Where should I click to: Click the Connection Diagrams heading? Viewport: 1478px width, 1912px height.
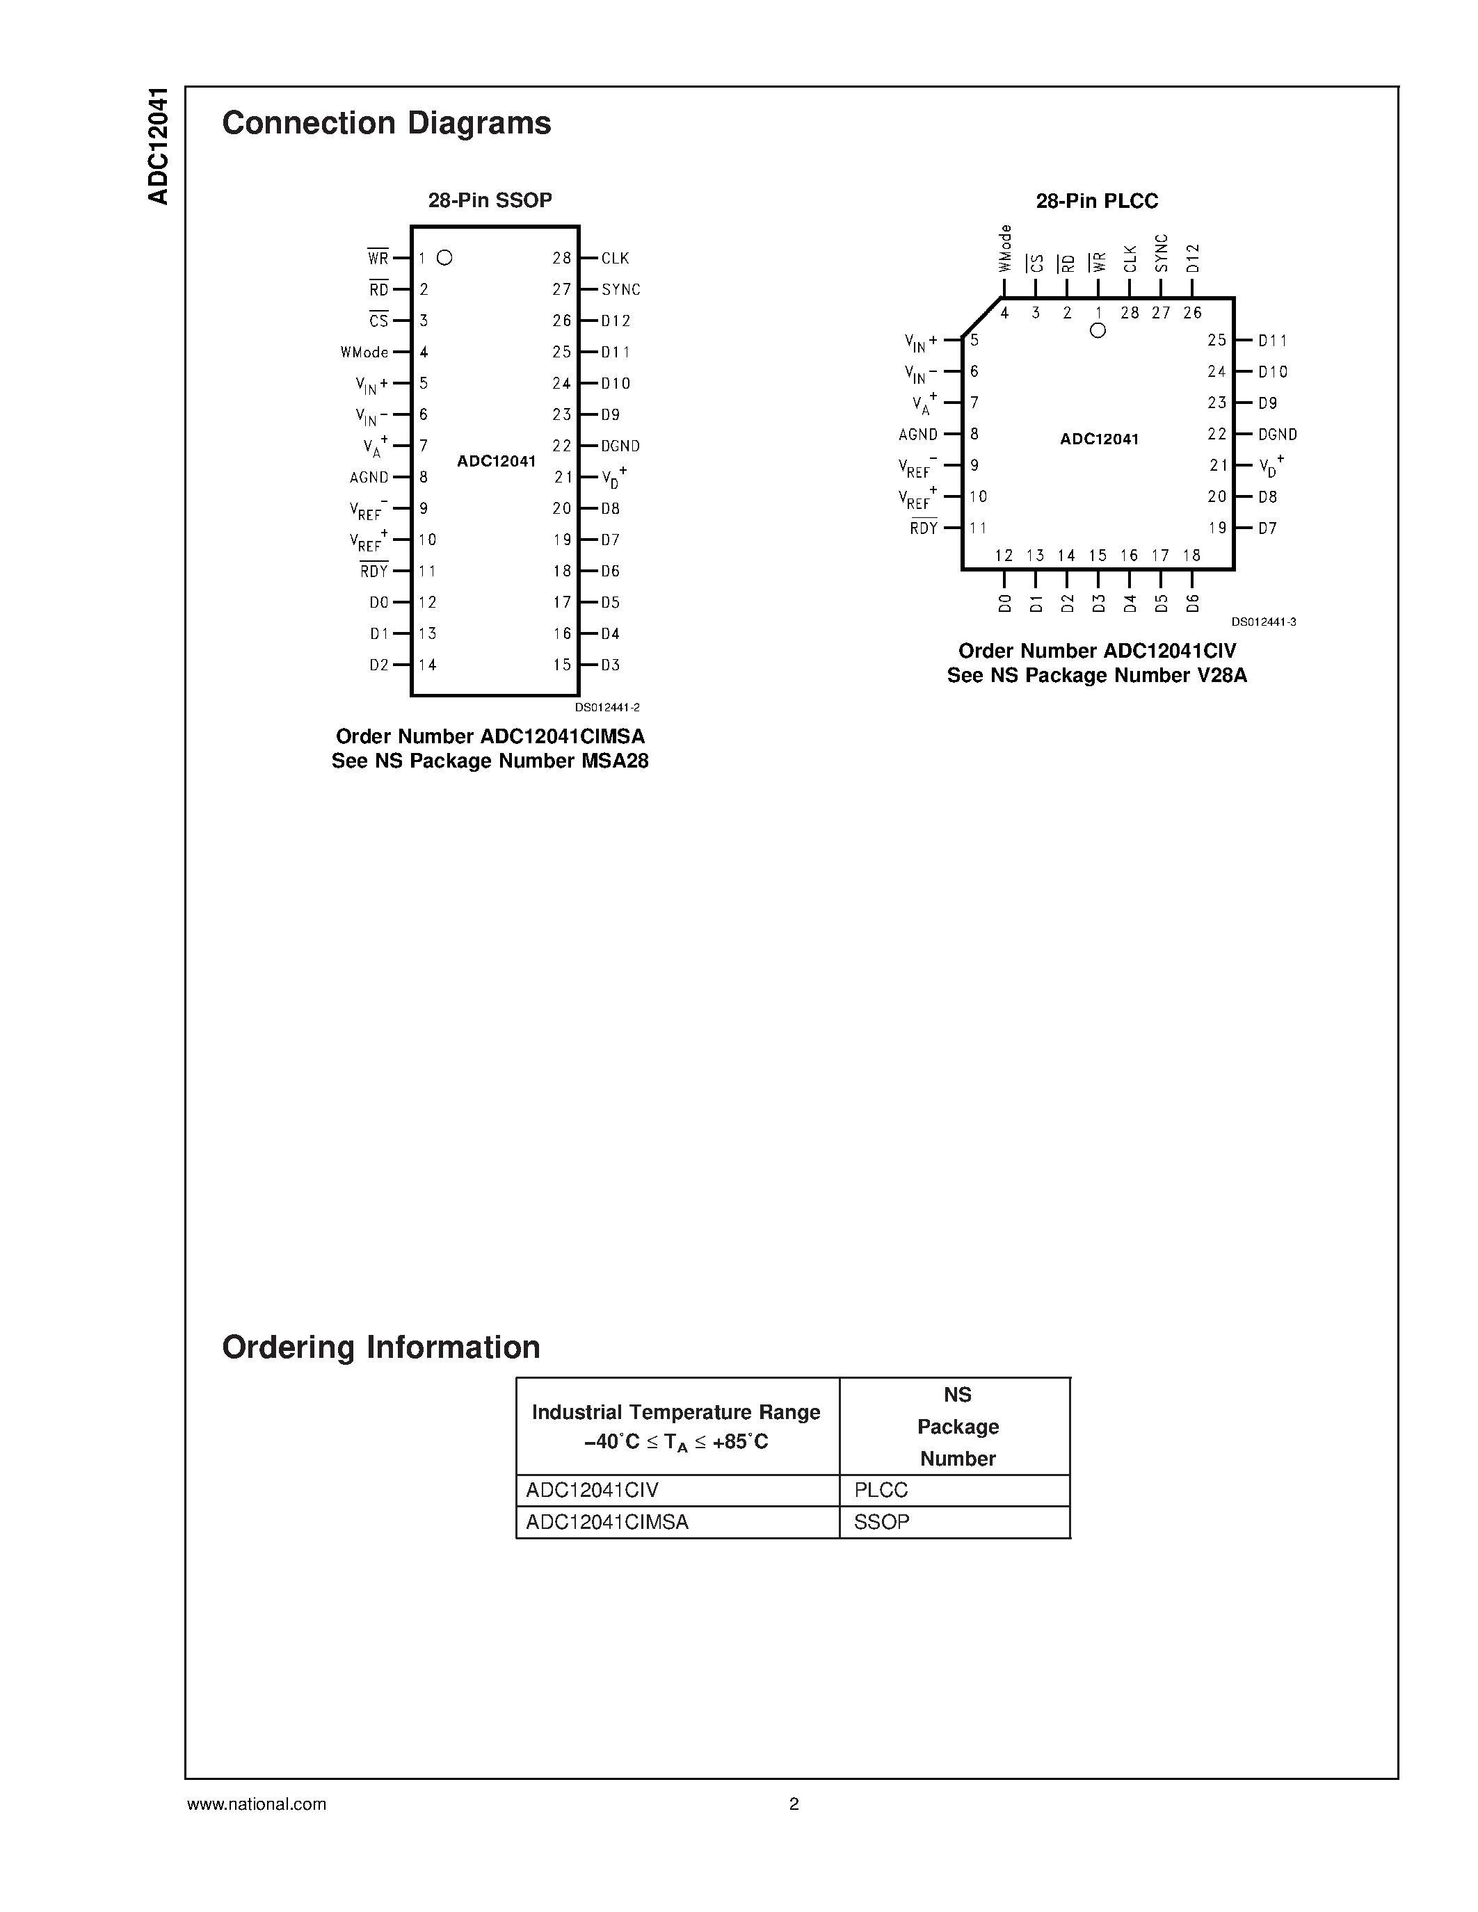pyautogui.click(x=386, y=124)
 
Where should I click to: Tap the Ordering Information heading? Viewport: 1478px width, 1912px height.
pyautogui.click(x=381, y=1347)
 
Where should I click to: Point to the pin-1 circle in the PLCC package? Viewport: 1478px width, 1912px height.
pyautogui.click(x=1098, y=330)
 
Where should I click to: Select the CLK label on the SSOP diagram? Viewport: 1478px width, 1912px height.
pyautogui.click(x=615, y=258)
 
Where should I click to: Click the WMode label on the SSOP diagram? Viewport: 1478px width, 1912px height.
pyautogui.click(x=364, y=352)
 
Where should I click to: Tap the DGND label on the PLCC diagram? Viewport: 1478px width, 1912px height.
pyautogui.click(x=1278, y=435)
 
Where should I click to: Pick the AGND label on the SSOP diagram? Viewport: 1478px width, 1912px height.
pyautogui.click(x=369, y=477)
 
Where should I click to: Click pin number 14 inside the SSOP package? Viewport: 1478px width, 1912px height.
pyautogui.click(x=427, y=665)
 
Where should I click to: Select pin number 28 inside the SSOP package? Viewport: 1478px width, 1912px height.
pyautogui.click(x=561, y=258)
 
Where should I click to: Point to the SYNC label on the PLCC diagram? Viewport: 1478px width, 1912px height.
pyautogui.click(x=1161, y=253)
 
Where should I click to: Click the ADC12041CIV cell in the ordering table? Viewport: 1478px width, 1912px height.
pyautogui.click(x=592, y=1490)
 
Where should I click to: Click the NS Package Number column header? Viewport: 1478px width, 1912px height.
pyautogui.click(x=957, y=1426)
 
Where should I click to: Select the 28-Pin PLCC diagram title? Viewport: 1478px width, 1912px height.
pyautogui.click(x=1096, y=202)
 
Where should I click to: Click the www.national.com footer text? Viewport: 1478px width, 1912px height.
pyautogui.click(x=257, y=1804)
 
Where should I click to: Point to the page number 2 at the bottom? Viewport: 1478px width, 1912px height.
pyautogui.click(x=794, y=1804)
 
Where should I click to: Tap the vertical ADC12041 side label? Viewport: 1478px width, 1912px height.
pyautogui.click(x=159, y=146)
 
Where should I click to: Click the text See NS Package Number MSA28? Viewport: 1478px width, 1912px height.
pyautogui.click(x=490, y=761)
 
